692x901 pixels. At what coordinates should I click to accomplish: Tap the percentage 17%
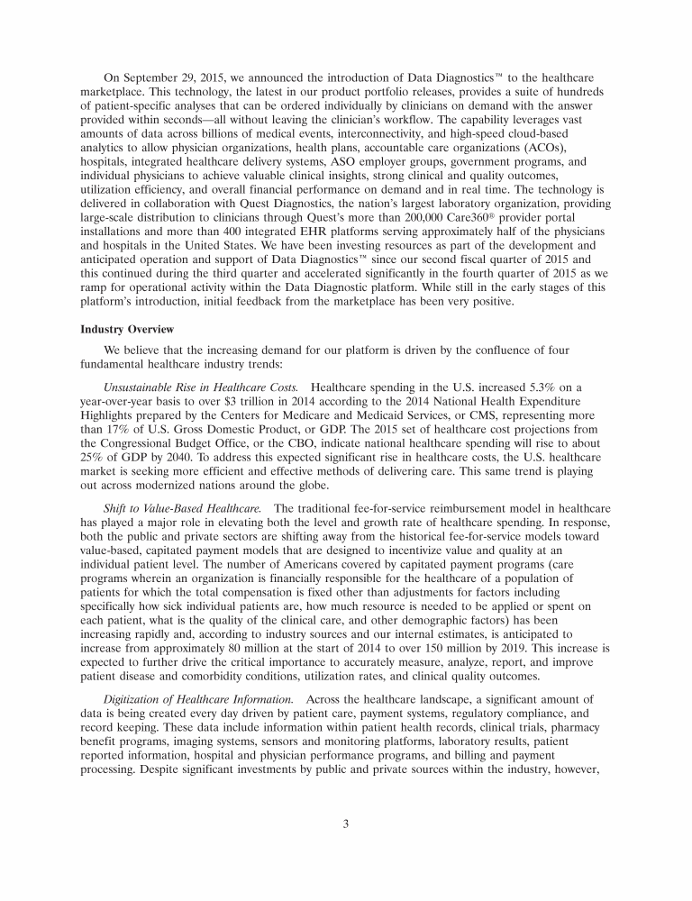pyautogui.click(x=122, y=430)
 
